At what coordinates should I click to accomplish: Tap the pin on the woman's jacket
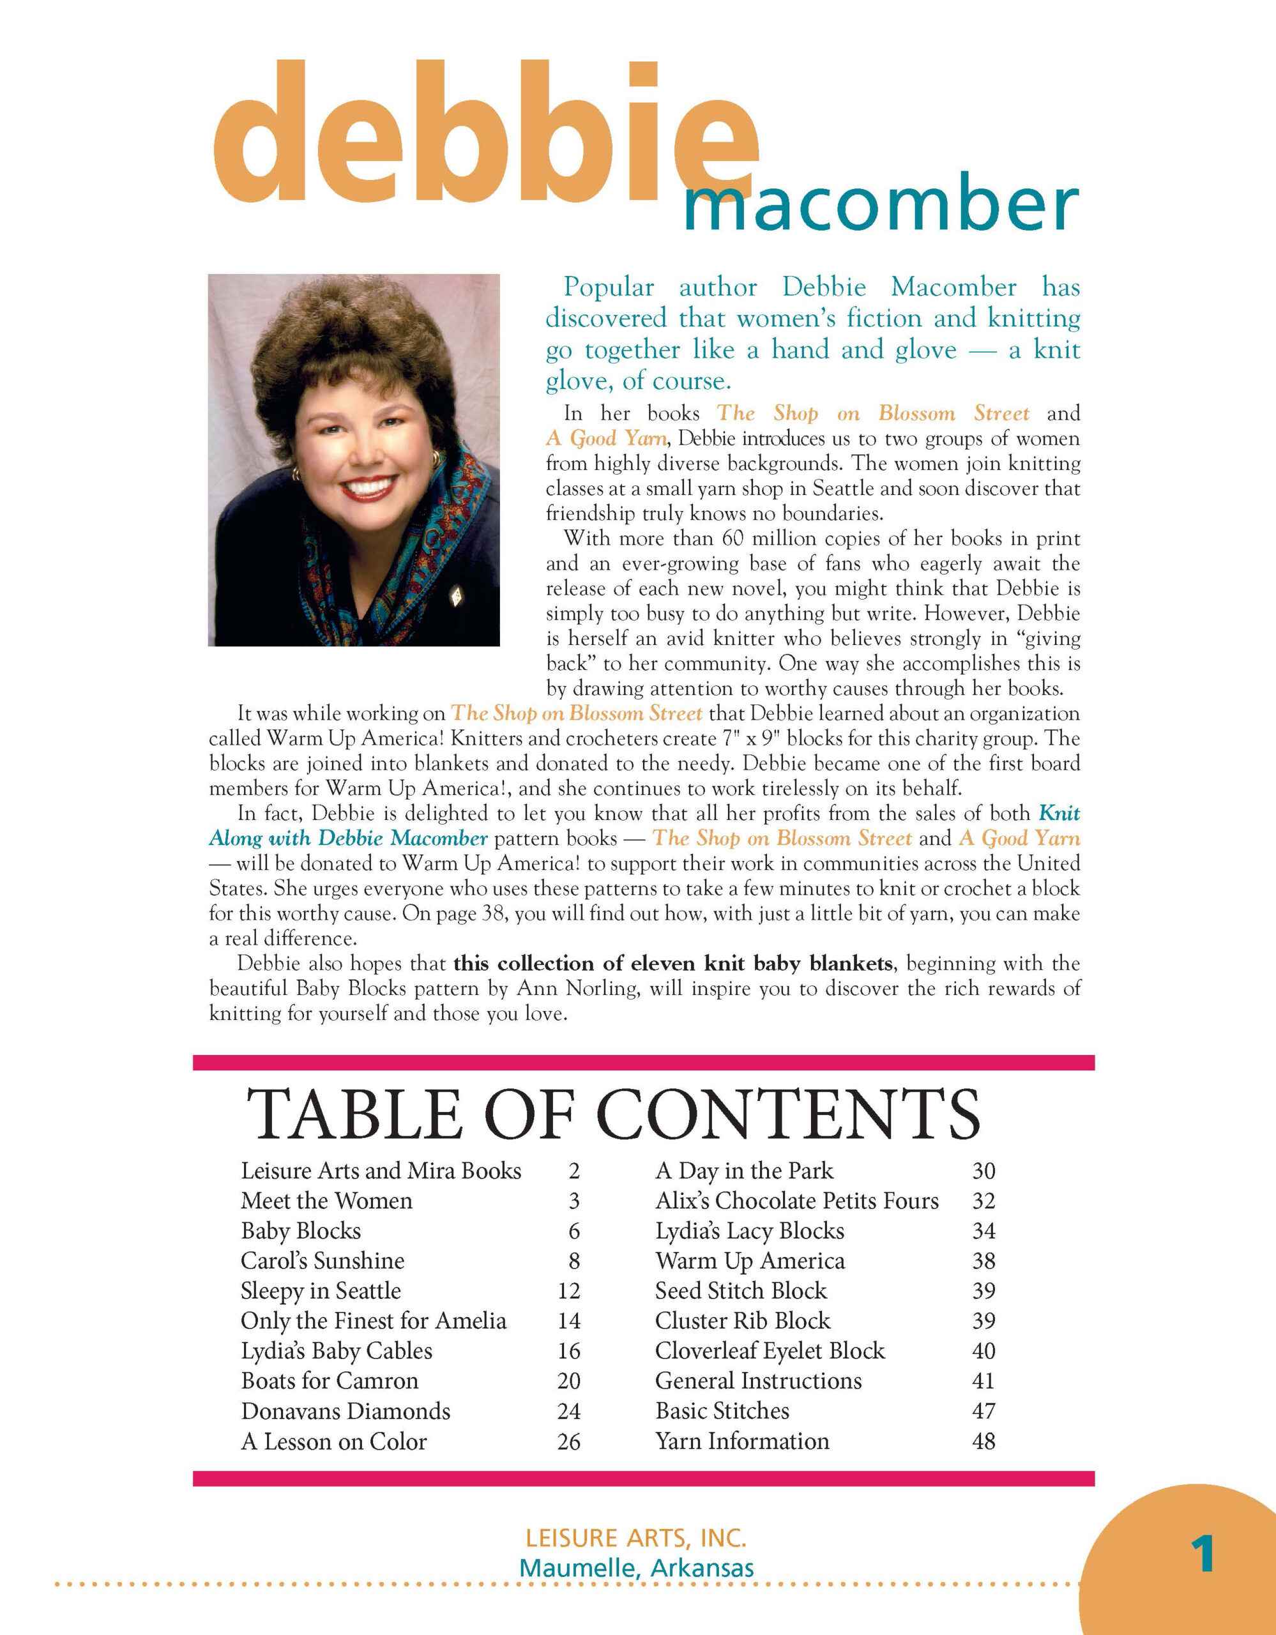[454, 597]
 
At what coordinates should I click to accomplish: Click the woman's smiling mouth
[368, 487]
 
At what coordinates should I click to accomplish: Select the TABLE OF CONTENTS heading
[613, 1114]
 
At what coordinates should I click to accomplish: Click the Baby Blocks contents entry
[301, 1231]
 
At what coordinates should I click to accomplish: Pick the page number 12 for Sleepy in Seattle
[569, 1291]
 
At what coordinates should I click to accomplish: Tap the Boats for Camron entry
[330, 1380]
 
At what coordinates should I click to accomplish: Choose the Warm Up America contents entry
[750, 1261]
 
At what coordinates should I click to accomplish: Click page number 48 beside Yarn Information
[984, 1441]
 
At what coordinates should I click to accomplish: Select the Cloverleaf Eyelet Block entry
[770, 1351]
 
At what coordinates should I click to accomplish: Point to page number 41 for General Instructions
[984, 1380]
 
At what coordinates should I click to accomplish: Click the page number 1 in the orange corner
[1203, 1554]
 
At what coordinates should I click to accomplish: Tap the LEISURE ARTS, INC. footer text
[636, 1539]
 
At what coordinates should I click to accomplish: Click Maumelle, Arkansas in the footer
[636, 1569]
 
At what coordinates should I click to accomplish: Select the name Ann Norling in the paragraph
[577, 989]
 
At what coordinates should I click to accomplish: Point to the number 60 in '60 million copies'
[733, 538]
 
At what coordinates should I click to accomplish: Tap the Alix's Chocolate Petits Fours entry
[797, 1201]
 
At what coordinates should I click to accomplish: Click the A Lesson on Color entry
[334, 1441]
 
